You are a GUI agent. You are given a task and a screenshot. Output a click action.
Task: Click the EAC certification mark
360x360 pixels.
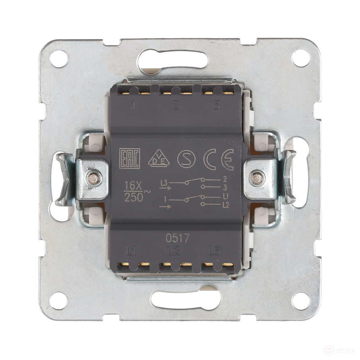(x=129, y=159)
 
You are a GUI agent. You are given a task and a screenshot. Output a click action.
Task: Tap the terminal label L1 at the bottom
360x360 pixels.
(x=131, y=252)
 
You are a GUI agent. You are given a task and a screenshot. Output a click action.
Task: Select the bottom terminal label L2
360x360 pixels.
(x=173, y=252)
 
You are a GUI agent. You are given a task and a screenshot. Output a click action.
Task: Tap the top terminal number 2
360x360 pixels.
(x=175, y=106)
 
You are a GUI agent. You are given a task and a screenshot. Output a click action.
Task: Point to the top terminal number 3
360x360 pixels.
(x=217, y=106)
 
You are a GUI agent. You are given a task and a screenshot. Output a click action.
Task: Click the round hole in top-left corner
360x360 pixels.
(x=59, y=58)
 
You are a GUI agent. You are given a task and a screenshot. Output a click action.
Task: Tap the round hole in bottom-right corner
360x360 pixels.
(x=301, y=301)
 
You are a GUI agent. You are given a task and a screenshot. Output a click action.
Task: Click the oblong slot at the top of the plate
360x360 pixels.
(x=173, y=60)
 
